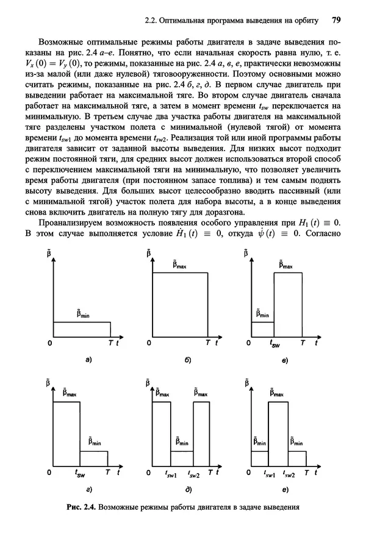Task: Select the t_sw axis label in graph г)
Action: pos(80,473)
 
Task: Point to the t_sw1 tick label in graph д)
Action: pos(171,474)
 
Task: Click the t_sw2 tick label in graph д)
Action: pos(194,474)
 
